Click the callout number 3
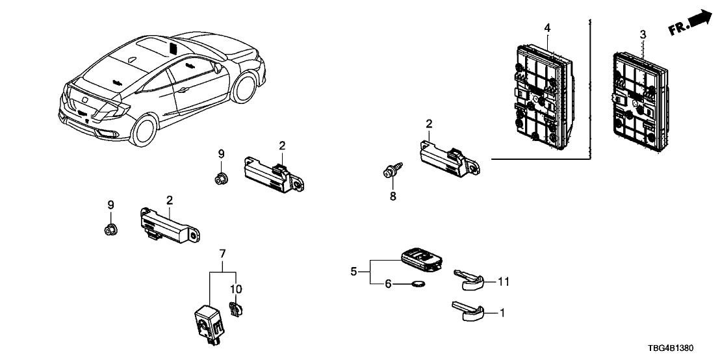(x=643, y=33)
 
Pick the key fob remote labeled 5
(x=420, y=259)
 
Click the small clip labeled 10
(x=235, y=309)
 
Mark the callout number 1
(x=502, y=313)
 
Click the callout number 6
(x=389, y=283)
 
